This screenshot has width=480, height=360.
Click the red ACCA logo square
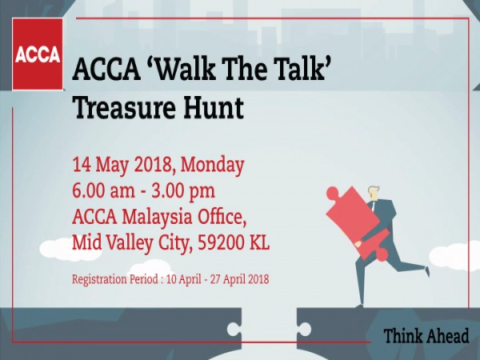38,54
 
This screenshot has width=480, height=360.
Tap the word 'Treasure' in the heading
124,107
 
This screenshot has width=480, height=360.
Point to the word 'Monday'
212,166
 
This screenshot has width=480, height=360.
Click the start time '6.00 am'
103,191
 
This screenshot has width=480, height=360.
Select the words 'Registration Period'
114,279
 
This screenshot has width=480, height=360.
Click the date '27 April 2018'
239,279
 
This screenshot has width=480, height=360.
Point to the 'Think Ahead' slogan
426,336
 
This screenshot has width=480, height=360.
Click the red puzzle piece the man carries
358,221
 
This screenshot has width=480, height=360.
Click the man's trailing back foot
427,271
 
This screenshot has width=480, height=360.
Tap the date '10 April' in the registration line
184,279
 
